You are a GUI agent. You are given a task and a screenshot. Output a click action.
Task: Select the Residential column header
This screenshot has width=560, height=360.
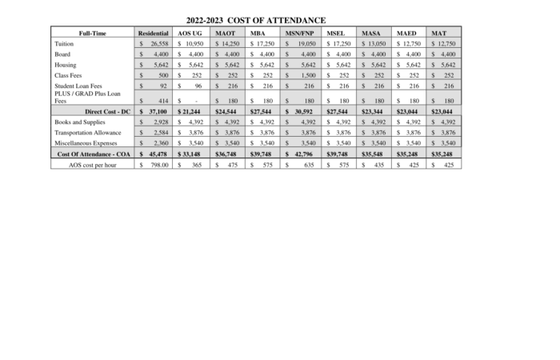154,33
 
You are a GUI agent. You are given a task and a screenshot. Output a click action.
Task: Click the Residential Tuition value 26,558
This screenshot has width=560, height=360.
158,43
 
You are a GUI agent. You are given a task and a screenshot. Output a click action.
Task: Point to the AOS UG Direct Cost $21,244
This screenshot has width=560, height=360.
192,111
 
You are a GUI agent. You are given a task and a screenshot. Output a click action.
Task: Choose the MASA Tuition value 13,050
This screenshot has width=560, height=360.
380,43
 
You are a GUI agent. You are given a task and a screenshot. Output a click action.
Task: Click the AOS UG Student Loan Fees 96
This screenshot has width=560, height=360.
198,85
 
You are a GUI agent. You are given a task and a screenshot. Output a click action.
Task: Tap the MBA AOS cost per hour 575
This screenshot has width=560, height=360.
264,163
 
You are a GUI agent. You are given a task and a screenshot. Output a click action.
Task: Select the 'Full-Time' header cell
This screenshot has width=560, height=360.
89,33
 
